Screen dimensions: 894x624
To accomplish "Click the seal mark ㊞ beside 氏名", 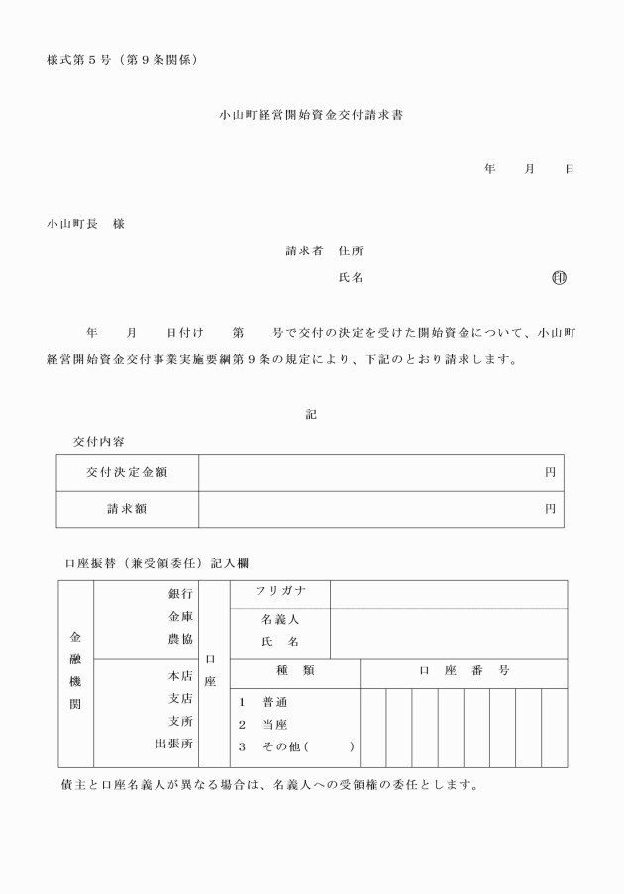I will [x=560, y=278].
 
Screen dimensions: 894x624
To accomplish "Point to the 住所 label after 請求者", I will [x=351, y=251].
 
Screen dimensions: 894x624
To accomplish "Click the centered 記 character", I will [x=311, y=414].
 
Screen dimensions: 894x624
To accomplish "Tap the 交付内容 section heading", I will [x=99, y=440].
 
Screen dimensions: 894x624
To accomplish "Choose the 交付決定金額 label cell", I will [x=127, y=472].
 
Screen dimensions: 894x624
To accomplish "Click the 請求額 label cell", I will [x=127, y=509].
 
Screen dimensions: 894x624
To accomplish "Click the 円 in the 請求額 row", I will [x=550, y=509].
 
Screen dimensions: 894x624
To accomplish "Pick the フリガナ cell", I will [x=279, y=592].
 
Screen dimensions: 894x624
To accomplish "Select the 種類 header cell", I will [x=294, y=671].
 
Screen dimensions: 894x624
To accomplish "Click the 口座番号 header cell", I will [x=464, y=671].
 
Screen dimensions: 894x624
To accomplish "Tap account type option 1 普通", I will [x=262, y=701].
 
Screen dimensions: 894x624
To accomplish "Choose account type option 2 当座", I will [x=262, y=724].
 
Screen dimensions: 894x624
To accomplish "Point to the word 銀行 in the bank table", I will [x=180, y=593].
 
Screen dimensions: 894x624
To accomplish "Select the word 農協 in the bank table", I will [x=180, y=639].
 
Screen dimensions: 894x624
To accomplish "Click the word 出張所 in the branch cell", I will [x=173, y=743].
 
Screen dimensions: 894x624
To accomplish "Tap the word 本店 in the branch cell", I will [x=180, y=676].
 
